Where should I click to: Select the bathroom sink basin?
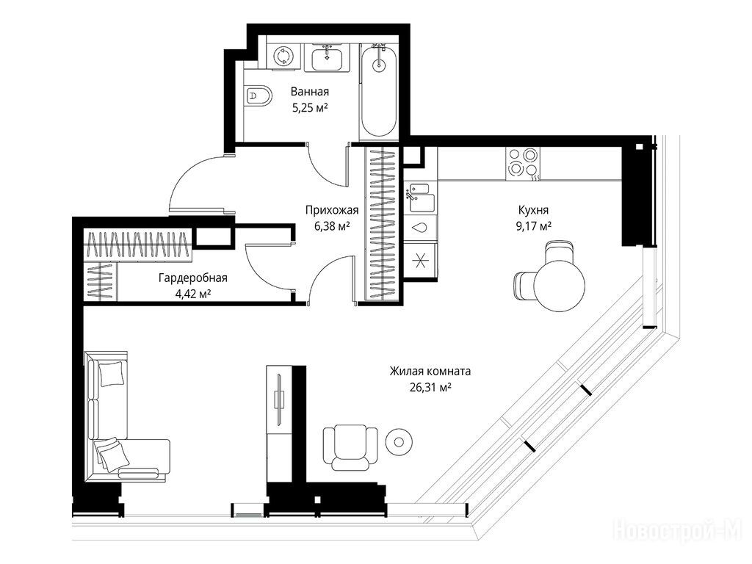tap(327, 57)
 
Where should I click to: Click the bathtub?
tap(378, 91)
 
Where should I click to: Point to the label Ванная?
tap(310, 91)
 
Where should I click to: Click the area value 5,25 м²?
tap(310, 107)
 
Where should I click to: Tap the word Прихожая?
tap(332, 210)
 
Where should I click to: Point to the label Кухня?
tap(533, 209)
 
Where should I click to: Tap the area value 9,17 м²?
tap(533, 226)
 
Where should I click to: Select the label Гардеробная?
tap(193, 278)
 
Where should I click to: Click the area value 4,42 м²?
tap(194, 294)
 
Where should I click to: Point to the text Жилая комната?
tap(430, 371)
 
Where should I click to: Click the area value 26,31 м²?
tap(430, 387)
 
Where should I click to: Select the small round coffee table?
tap(399, 441)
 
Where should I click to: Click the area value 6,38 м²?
tap(332, 226)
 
